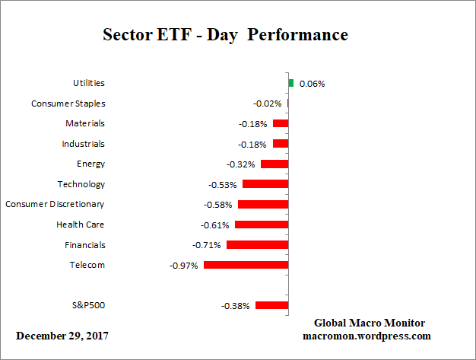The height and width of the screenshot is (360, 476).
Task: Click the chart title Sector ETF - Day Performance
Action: pyautogui.click(x=225, y=35)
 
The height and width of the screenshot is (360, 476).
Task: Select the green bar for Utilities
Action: pyautogui.click(x=290, y=83)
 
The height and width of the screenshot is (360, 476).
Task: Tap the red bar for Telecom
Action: pyautogui.click(x=246, y=265)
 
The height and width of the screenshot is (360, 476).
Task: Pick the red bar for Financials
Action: pyautogui.click(x=257, y=244)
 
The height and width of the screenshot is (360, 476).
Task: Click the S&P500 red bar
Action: pyautogui.click(x=271, y=305)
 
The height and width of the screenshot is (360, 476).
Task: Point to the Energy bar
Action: pyautogui.click(x=274, y=164)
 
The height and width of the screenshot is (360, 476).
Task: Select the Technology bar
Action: pyautogui.click(x=265, y=184)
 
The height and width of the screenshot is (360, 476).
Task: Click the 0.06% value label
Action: pyautogui.click(x=312, y=84)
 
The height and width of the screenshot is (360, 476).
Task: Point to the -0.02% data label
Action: pyautogui.click(x=268, y=104)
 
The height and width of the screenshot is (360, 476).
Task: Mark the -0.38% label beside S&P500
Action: pyautogui.click(x=235, y=306)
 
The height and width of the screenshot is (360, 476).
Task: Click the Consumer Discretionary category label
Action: pyautogui.click(x=55, y=204)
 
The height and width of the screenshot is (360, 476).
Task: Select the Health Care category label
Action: pyautogui.click(x=81, y=225)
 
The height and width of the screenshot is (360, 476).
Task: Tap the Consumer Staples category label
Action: pyautogui.click(x=68, y=104)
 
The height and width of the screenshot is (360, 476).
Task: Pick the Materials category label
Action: pyautogui.click(x=85, y=123)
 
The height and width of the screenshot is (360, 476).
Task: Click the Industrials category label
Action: pyautogui.click(x=84, y=144)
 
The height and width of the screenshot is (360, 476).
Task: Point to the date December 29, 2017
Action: pyautogui.click(x=62, y=336)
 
